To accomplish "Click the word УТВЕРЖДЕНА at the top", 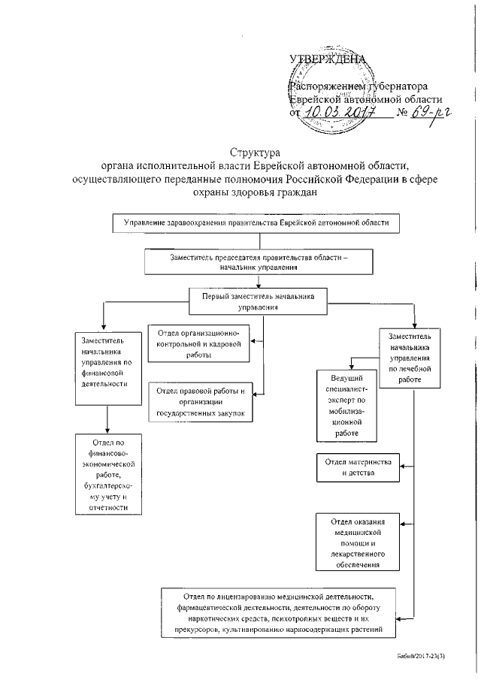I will [327, 59].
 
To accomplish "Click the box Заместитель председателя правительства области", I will [259, 261].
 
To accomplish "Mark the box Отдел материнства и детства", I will [357, 467].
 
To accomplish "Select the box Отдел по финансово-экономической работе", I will [106, 475].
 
